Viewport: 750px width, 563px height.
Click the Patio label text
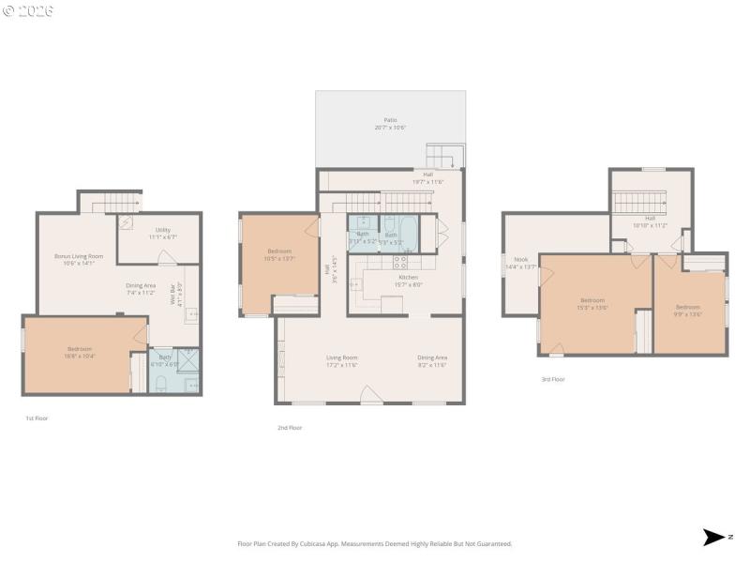click(x=390, y=120)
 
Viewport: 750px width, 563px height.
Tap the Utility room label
click(x=163, y=230)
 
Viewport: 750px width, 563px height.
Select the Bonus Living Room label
click(x=78, y=255)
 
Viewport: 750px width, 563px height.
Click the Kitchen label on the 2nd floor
click(x=408, y=278)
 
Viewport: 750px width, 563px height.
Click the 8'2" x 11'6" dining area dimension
click(x=431, y=364)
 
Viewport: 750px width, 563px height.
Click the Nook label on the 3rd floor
click(x=520, y=259)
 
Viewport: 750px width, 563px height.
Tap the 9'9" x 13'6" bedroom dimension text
click(x=688, y=313)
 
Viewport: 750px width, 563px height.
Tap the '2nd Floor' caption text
click(x=289, y=428)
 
